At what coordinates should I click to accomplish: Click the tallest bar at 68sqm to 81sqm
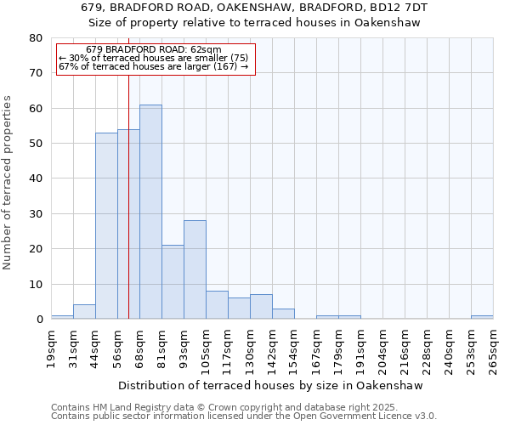(x=150, y=212)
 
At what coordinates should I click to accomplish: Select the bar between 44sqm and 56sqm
(x=106, y=226)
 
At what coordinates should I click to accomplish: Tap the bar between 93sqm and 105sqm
(x=195, y=269)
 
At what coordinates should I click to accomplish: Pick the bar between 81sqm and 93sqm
(x=173, y=282)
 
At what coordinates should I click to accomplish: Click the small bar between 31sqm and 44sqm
(x=84, y=312)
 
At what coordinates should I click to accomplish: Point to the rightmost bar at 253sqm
(x=482, y=317)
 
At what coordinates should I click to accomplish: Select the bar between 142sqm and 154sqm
(x=283, y=314)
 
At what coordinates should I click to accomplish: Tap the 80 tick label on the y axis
(x=35, y=38)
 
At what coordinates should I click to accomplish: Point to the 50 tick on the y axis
(x=35, y=144)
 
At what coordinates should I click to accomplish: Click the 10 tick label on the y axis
(x=35, y=284)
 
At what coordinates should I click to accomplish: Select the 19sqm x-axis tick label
(x=52, y=348)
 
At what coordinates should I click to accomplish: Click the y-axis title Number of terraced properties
(x=8, y=182)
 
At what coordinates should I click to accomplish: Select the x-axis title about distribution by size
(x=276, y=385)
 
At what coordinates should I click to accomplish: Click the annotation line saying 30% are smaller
(x=154, y=58)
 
